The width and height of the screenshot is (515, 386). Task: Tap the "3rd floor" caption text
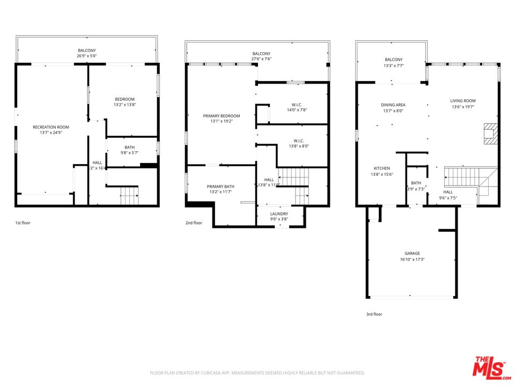pyautogui.click(x=374, y=314)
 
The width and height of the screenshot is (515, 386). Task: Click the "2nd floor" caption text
pyautogui.click(x=194, y=222)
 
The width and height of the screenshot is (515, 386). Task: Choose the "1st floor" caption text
pyautogui.click(x=23, y=222)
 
